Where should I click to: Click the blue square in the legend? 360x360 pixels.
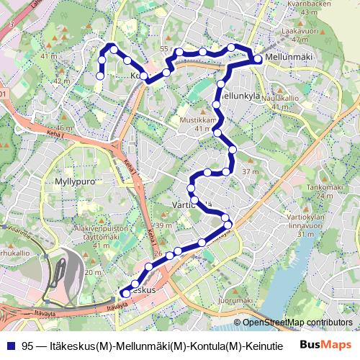click(11, 346)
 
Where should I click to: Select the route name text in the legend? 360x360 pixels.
click(151, 346)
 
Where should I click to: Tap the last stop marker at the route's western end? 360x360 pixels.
click(101, 76)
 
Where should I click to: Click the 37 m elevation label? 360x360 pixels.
click(250, 171)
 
